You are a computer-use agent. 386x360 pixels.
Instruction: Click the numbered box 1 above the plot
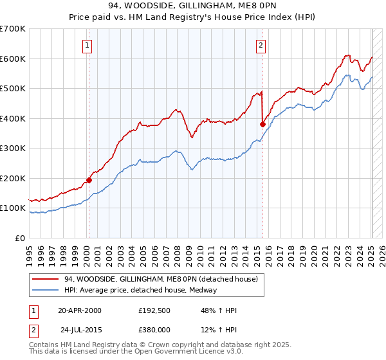[x=87, y=45]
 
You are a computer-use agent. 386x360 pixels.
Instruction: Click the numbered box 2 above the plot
[x=261, y=45]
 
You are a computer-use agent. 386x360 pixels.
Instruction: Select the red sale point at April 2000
[x=89, y=181]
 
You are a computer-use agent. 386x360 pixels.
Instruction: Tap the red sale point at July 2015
[x=262, y=124]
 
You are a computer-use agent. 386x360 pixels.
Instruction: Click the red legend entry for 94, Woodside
[x=161, y=279]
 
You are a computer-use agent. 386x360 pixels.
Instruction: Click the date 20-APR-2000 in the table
[x=80, y=310]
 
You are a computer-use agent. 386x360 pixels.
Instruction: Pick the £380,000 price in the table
[x=158, y=330]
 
